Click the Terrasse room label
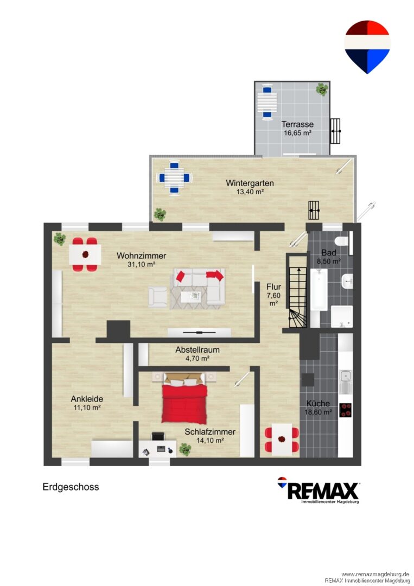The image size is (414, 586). point(297,124)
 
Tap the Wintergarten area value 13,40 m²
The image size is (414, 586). point(250,192)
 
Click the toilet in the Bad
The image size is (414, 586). point(342,241)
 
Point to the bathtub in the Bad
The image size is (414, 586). point(319,289)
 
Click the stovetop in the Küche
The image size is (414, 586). point(346,410)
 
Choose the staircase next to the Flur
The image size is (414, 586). point(298,292)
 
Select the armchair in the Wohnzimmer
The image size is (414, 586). point(158,297)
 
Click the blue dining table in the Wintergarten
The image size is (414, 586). point(175,177)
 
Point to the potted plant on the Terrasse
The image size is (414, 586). point(322,90)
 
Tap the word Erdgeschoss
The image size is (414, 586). point(71,487)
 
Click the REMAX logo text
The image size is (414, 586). point(323,491)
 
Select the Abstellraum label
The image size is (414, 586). point(198,350)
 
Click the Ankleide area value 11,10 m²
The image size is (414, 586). point(87,407)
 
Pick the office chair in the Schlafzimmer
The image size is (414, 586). point(158,436)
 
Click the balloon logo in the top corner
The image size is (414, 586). point(367,47)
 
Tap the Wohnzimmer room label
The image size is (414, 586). point(141,256)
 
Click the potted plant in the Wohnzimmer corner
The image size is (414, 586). point(59,239)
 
